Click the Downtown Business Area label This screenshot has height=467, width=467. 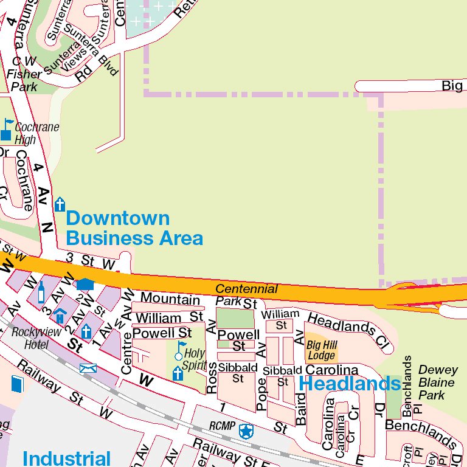[x=134, y=228]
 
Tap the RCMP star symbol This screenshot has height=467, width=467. [x=246, y=431]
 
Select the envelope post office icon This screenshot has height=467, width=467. [x=88, y=368]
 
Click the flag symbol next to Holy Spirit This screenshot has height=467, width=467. [x=179, y=350]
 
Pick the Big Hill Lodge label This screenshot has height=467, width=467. [x=321, y=350]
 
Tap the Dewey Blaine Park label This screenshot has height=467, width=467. [x=437, y=382]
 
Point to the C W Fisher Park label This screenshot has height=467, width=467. [x=24, y=74]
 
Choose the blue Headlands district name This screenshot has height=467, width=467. [x=350, y=384]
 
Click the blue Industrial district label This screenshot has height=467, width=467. [x=66, y=458]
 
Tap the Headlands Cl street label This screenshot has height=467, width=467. [x=348, y=330]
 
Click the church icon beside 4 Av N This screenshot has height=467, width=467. [x=60, y=204]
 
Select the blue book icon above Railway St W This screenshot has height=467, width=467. [x=16, y=384]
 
